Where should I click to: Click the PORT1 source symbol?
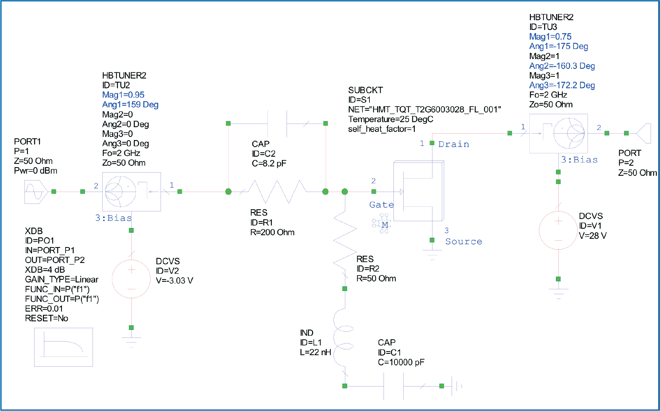pyautogui.click(x=36, y=192)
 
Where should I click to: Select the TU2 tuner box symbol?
pyautogui.click(x=131, y=192)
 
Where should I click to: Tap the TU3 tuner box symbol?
pyautogui.click(x=558, y=133)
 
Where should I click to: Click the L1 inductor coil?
pyautogui.click(x=343, y=339)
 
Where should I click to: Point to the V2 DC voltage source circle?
pyautogui.click(x=131, y=279)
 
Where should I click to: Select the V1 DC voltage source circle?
pyautogui.click(x=558, y=230)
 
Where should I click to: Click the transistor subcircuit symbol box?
pyautogui.click(x=418, y=191)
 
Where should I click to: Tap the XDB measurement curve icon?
pyautogui.click(x=63, y=347)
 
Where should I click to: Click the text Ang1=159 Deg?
pyautogui.click(x=130, y=104)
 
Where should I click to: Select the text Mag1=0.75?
pyautogui.click(x=550, y=36)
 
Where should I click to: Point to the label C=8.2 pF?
pyautogui.click(x=269, y=163)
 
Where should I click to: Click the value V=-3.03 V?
pyautogui.click(x=175, y=280)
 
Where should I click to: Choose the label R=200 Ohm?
pyautogui.click(x=272, y=232)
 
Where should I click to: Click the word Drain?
pyautogui.click(x=454, y=144)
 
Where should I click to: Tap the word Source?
pyautogui.click(x=463, y=241)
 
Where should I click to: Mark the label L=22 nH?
pyautogui.click(x=315, y=352)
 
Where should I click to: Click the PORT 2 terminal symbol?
pyautogui.click(x=643, y=133)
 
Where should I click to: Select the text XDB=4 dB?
pyautogui.click(x=45, y=270)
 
